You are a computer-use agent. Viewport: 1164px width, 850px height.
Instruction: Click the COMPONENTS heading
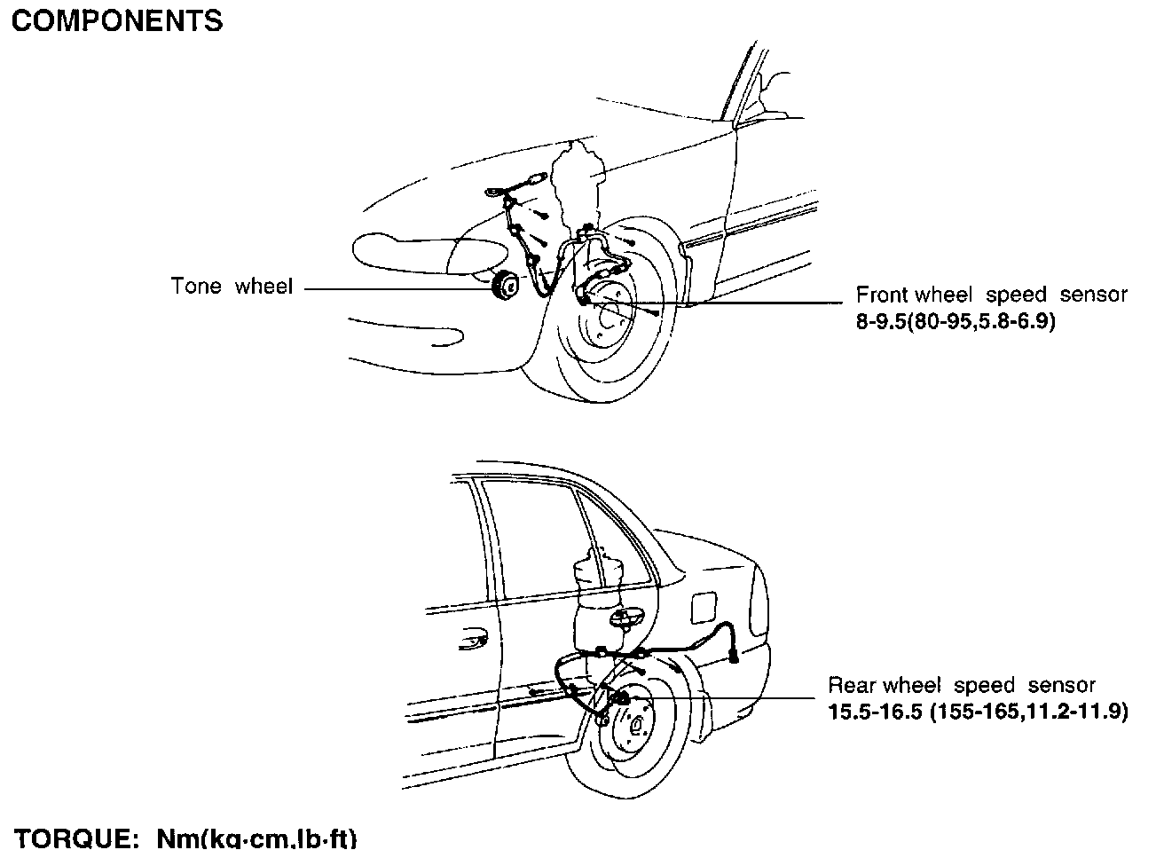(117, 21)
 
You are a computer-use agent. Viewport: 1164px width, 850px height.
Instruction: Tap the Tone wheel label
(232, 287)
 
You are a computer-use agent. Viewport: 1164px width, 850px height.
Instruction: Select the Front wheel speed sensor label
(991, 295)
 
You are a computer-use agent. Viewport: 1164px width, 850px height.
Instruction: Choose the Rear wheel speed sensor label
(962, 686)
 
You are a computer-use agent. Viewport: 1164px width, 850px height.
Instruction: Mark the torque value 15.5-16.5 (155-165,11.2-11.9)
(978, 712)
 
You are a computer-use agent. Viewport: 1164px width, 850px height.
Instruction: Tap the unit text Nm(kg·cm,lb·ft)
(256, 838)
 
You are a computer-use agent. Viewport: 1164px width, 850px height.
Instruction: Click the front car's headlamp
(404, 250)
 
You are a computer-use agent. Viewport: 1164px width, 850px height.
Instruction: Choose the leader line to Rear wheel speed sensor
(727, 698)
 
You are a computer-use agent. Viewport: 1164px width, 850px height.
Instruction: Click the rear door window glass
(532, 541)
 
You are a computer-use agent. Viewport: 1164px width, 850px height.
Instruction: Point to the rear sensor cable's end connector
(735, 657)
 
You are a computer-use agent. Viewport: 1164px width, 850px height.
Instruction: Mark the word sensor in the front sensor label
(1094, 295)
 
